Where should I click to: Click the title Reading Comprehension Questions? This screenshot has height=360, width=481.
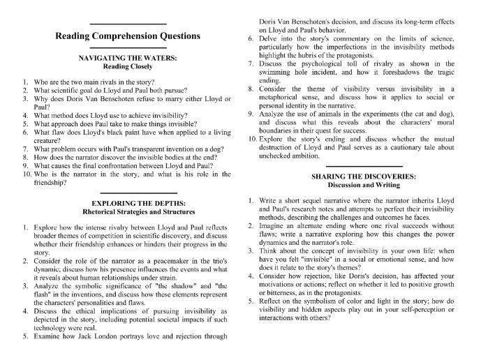point(128,36)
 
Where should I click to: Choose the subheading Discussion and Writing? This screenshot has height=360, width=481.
point(356,186)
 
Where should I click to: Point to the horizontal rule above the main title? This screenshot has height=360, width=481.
point(128,24)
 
